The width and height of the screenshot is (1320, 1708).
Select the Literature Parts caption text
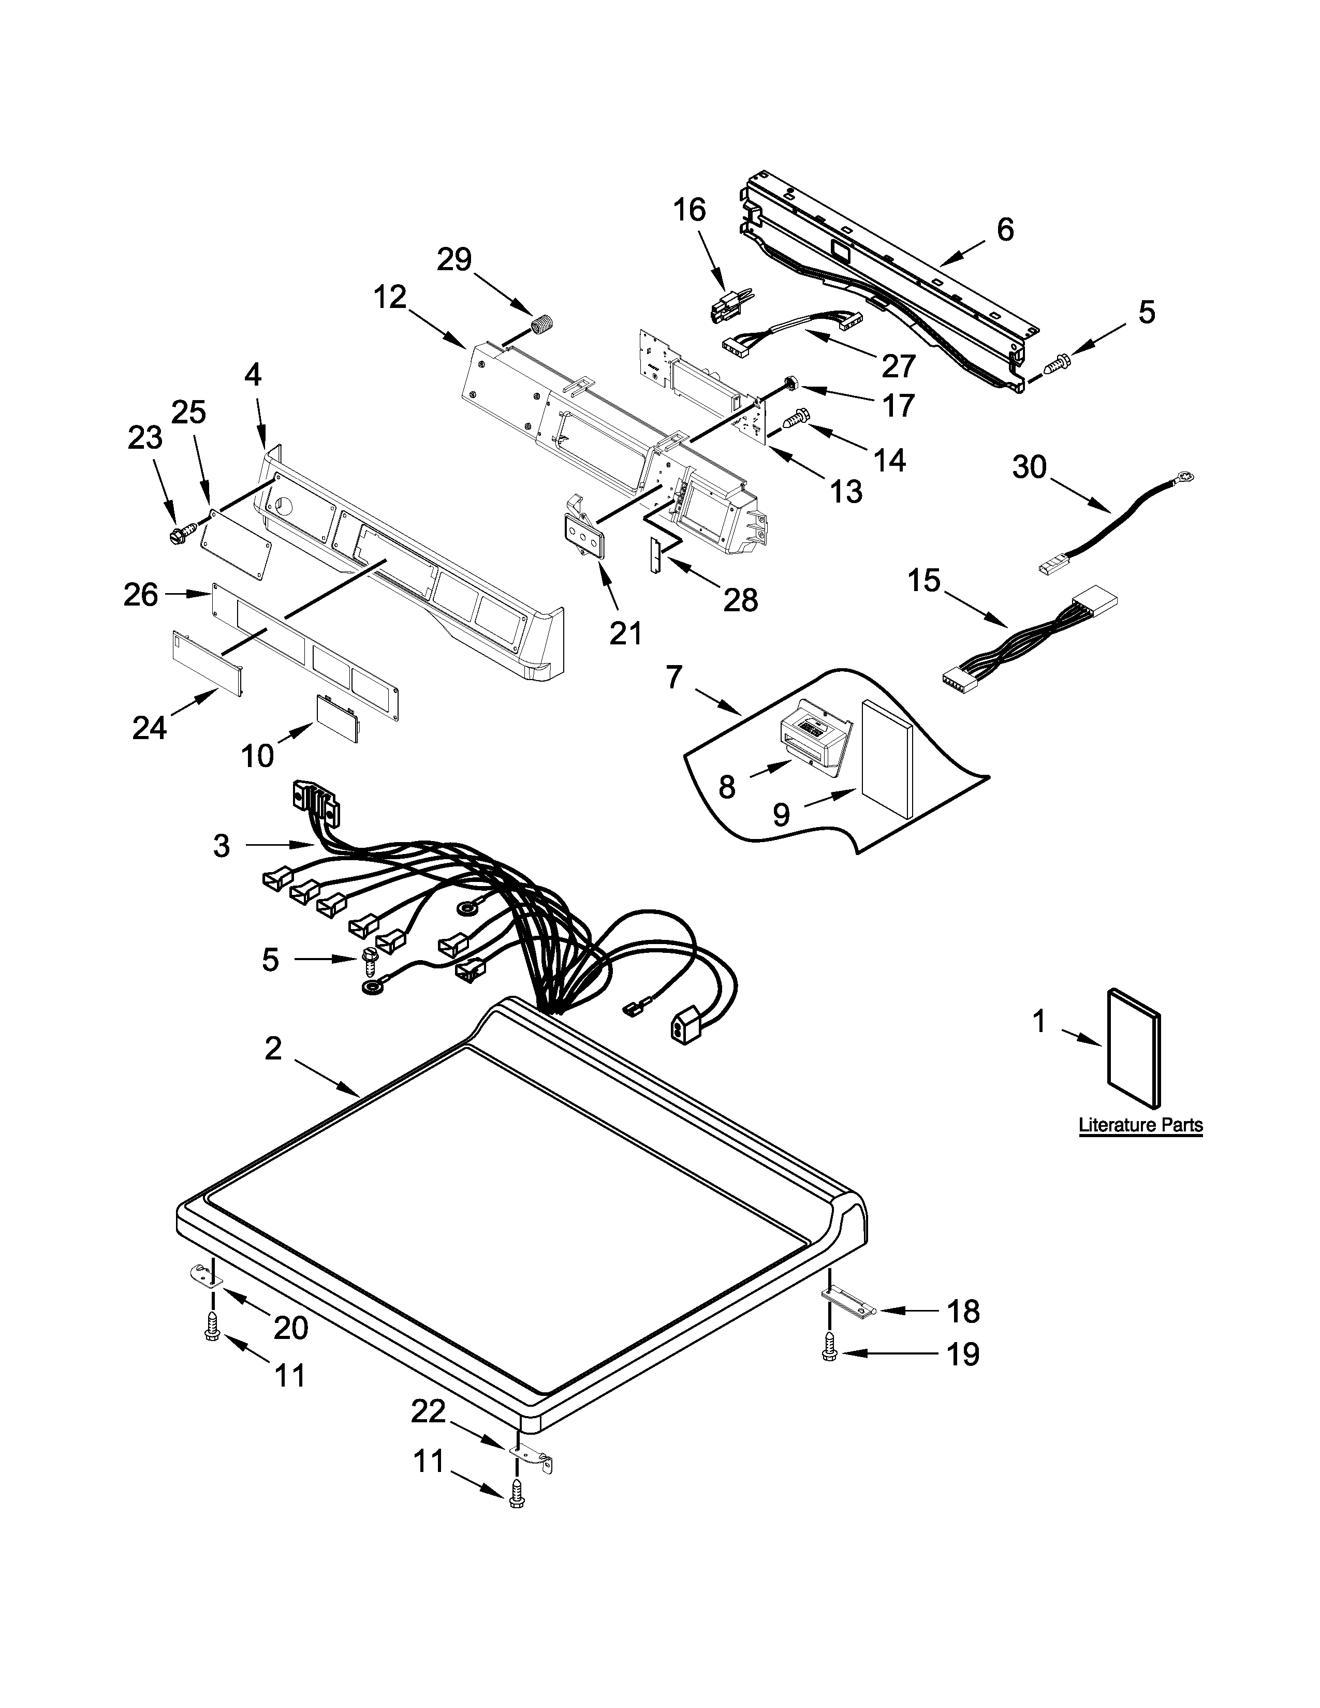[x=1140, y=1125]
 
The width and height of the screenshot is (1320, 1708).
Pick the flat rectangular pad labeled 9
[x=887, y=758]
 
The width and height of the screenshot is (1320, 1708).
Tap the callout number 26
[x=141, y=595]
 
